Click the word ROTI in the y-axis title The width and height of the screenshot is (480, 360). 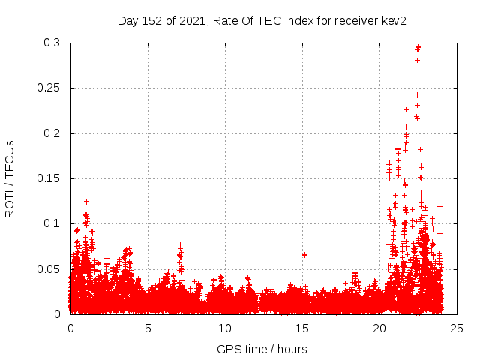click(x=10, y=204)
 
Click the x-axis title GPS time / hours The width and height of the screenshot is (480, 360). click(x=262, y=349)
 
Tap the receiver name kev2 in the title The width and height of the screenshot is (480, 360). click(x=393, y=20)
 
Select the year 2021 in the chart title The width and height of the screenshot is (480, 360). click(x=190, y=20)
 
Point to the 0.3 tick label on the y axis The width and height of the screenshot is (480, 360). click(x=52, y=43)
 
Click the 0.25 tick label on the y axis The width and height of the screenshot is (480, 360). click(x=49, y=88)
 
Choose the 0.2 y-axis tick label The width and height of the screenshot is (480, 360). click(x=52, y=133)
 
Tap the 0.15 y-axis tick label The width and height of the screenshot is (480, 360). click(x=49, y=178)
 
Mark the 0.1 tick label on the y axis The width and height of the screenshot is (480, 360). click(x=52, y=223)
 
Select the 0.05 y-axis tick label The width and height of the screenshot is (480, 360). click(x=49, y=268)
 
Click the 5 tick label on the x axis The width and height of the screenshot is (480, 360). click(x=148, y=328)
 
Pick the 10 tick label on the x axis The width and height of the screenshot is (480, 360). click(x=225, y=328)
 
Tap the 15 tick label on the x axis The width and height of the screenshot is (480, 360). click(x=302, y=328)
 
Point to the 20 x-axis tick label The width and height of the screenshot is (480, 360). click(x=379, y=328)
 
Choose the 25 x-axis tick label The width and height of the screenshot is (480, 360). click(x=457, y=328)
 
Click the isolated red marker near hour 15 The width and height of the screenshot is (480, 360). click(x=304, y=255)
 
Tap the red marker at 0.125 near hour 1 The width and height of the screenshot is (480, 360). click(x=86, y=201)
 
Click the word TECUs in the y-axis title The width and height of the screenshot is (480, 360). click(x=10, y=159)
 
